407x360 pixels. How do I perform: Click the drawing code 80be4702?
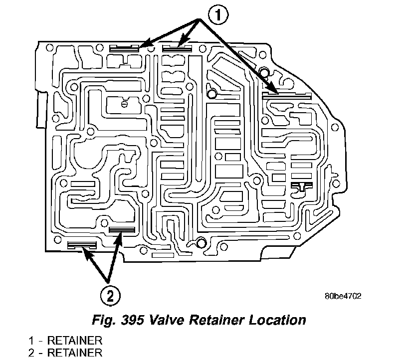click(342, 296)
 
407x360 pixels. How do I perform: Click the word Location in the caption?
click(276, 319)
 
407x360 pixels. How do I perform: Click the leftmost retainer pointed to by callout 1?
click(124, 48)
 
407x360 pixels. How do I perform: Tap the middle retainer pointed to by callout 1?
click(177, 48)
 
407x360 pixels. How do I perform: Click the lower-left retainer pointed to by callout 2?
click(81, 245)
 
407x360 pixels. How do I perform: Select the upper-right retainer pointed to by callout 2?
click(122, 230)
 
